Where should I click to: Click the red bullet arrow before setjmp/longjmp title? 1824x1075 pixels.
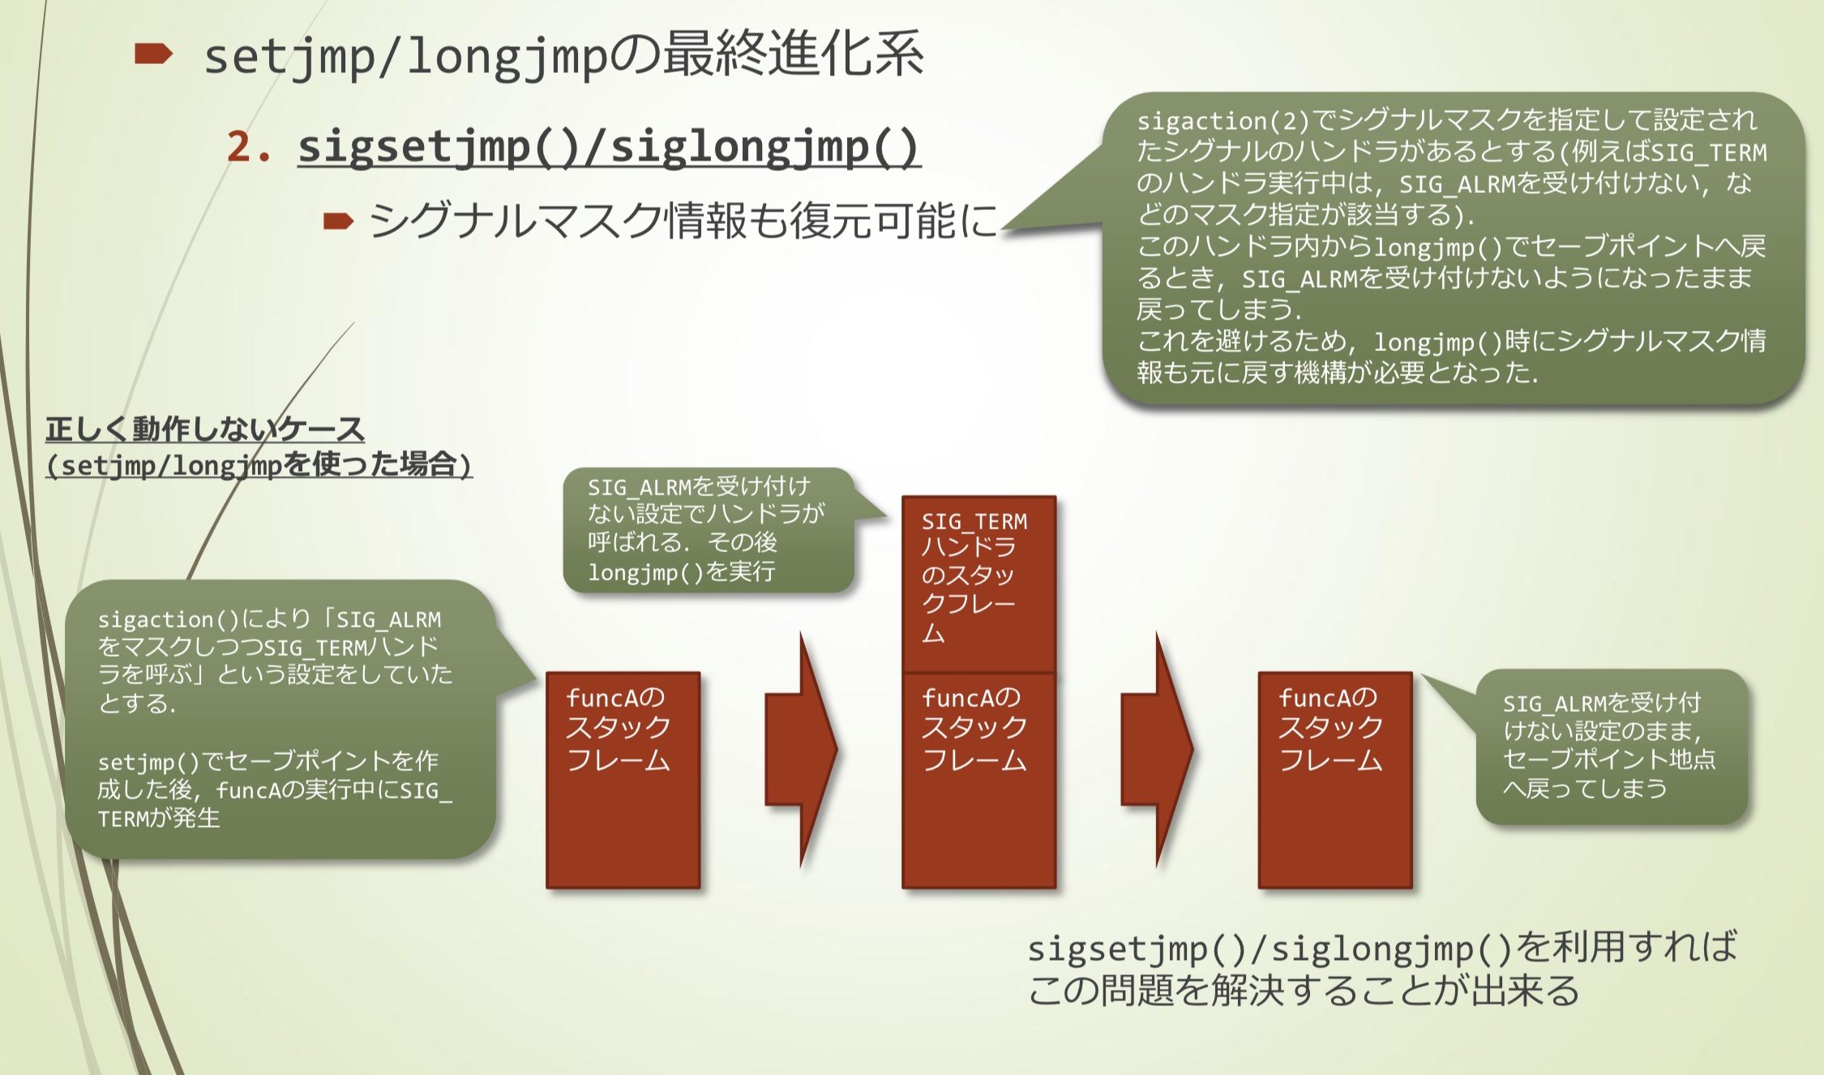pos(153,54)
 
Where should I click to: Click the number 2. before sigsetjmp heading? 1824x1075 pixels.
pos(248,147)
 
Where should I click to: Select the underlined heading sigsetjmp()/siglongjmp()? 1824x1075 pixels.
pos(609,147)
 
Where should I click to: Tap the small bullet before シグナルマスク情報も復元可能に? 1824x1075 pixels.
pos(338,221)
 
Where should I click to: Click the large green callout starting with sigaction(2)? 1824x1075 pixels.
pos(1451,246)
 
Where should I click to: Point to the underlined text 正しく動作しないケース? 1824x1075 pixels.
pos(205,429)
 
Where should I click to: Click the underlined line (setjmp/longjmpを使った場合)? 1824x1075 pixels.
pos(259,465)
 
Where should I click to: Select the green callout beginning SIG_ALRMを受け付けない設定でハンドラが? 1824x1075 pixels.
pos(707,529)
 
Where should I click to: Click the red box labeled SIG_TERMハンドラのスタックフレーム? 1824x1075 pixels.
pos(978,584)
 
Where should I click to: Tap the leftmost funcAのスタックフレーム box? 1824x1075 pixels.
pos(623,780)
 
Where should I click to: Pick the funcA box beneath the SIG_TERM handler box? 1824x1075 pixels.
pos(978,780)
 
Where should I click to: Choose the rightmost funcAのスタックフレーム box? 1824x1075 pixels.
pos(1334,780)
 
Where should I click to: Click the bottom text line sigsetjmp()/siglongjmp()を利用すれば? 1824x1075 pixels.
pos(1382,948)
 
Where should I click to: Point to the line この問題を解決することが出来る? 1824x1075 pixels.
pos(1304,990)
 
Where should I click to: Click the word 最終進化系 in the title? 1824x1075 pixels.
pos(793,54)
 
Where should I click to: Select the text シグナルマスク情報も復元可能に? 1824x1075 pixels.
pos(683,221)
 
